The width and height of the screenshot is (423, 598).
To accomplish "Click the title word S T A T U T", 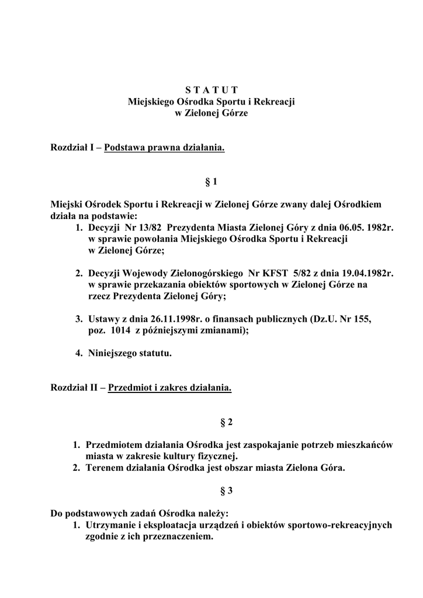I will coord(211,90).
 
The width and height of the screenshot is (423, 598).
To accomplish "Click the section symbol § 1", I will coord(211,182).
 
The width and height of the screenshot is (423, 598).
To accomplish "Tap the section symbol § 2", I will coord(211,421).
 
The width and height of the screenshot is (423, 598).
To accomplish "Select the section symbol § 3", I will coord(211,491).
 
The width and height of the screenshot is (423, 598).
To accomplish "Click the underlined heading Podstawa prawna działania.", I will coord(164,148).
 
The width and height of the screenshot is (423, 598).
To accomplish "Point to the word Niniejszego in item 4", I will coord(113,353).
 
